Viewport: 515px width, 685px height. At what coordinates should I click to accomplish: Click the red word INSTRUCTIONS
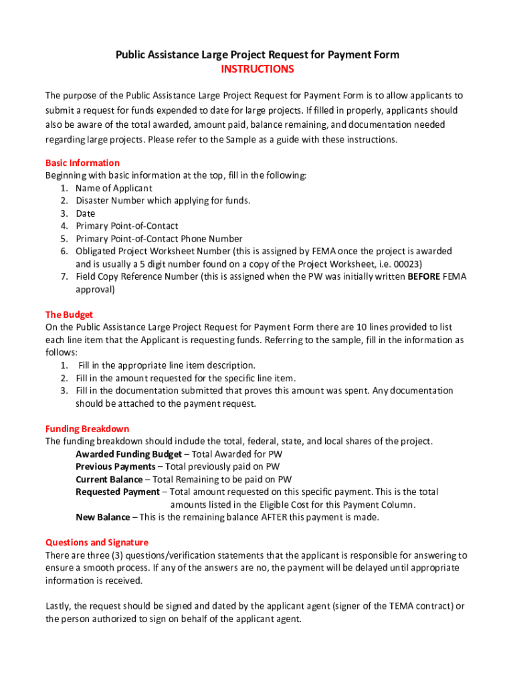tap(257, 70)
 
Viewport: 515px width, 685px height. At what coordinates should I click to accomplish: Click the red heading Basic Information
tap(82, 163)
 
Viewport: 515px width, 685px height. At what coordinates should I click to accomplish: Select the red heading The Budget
tap(69, 314)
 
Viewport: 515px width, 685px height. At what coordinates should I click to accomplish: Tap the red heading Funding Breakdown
tap(87, 429)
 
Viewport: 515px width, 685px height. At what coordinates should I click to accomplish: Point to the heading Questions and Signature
tap(96, 543)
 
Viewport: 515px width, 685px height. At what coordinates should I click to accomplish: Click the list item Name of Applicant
tap(114, 188)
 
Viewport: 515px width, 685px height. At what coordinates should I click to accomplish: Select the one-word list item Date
tap(86, 213)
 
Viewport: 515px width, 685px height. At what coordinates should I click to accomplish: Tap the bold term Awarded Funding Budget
tap(128, 454)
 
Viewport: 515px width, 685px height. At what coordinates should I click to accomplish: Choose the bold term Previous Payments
tap(115, 466)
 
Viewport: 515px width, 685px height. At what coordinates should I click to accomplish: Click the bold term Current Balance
tap(109, 479)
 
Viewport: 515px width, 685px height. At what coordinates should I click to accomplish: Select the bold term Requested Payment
tap(118, 492)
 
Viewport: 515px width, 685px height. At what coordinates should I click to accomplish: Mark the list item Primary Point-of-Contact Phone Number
tap(159, 239)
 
